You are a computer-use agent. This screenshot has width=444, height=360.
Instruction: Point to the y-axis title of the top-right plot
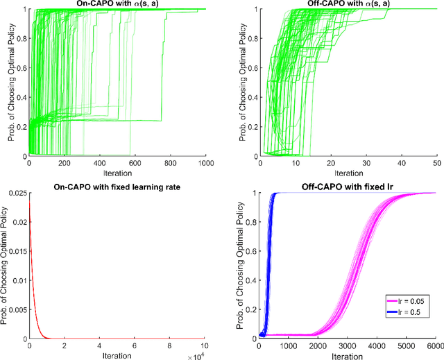point(240,83)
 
